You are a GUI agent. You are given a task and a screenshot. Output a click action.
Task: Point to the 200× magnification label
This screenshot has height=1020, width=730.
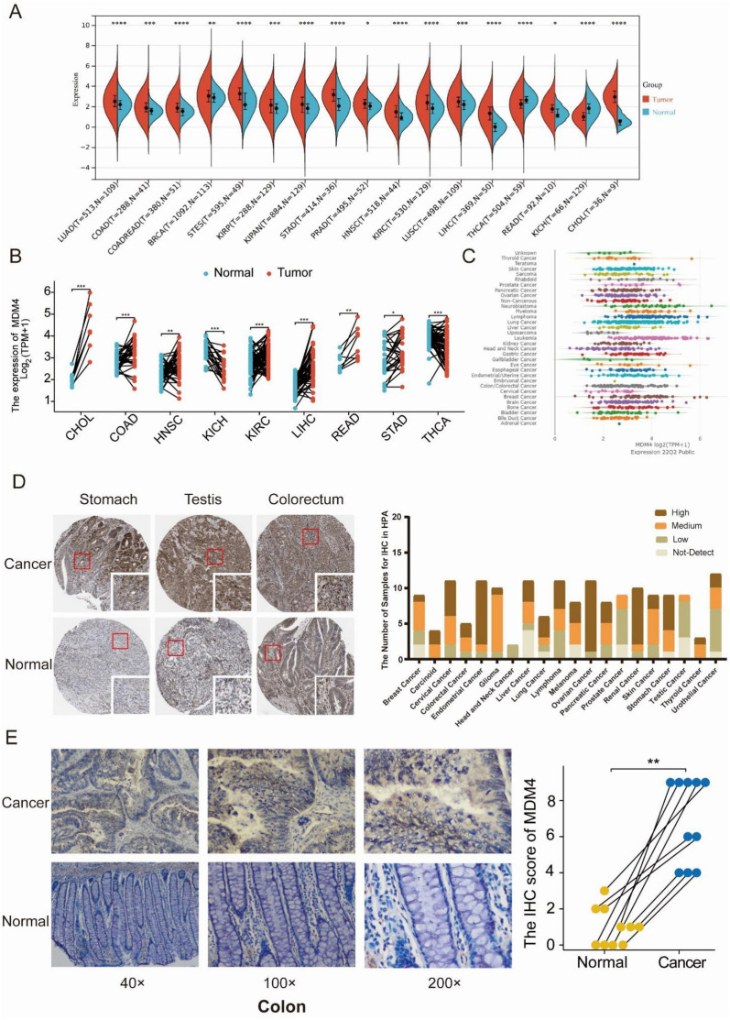(409, 977)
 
